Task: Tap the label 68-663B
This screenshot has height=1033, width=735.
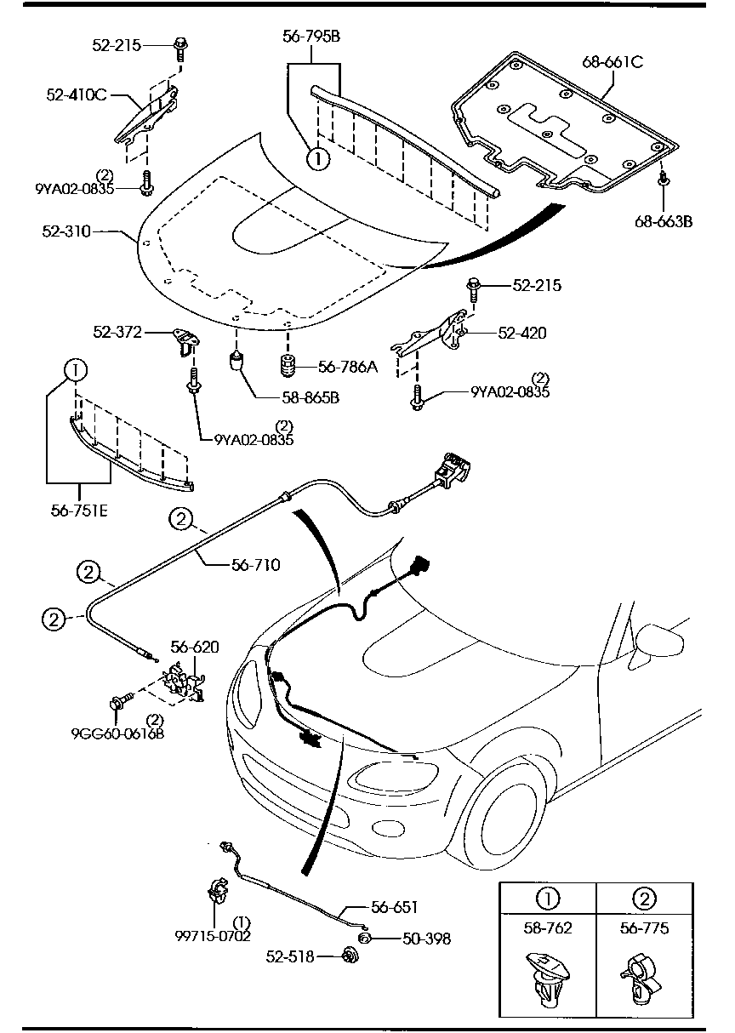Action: click(663, 222)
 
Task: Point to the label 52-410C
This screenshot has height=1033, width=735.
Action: click(77, 94)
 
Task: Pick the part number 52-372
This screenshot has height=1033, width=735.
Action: click(119, 333)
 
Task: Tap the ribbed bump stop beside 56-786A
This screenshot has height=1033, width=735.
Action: click(288, 368)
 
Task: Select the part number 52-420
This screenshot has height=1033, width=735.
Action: click(521, 334)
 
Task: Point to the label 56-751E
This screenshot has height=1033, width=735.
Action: click(79, 511)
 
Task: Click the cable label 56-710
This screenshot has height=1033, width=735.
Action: click(255, 563)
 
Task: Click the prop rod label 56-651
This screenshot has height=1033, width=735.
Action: click(393, 907)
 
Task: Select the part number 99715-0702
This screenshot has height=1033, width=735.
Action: click(213, 936)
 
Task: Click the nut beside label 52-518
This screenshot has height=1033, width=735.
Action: click(348, 956)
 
